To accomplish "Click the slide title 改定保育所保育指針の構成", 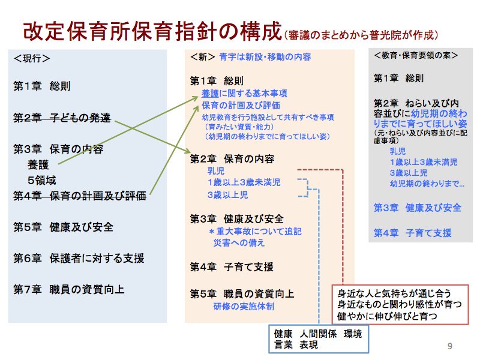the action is [x=152, y=31].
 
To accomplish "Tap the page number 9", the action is [x=449, y=346].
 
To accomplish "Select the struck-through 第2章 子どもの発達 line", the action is [x=62, y=118].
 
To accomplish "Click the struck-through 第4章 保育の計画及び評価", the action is [x=80, y=196].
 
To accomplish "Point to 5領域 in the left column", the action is [x=41, y=180].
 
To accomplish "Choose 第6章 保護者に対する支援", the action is [x=79, y=258].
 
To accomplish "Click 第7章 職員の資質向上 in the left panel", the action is [x=69, y=289].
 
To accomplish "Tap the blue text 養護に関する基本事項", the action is [x=244, y=93].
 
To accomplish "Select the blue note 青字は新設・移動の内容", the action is [x=265, y=57].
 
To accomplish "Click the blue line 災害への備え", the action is [x=239, y=242].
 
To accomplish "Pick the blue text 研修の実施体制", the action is [x=244, y=306].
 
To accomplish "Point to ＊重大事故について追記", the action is [x=255, y=231].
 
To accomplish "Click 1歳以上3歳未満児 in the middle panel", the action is [x=244, y=182].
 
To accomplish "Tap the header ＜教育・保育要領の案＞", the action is [x=416, y=55].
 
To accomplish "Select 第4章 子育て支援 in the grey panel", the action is [x=413, y=233].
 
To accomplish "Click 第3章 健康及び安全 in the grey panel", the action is [x=418, y=208].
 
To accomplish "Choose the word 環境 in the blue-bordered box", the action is [x=353, y=334].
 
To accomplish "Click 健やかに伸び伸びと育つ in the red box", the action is [x=387, y=316].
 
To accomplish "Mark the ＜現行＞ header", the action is [x=32, y=58].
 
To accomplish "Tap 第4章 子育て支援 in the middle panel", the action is [x=232, y=267].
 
